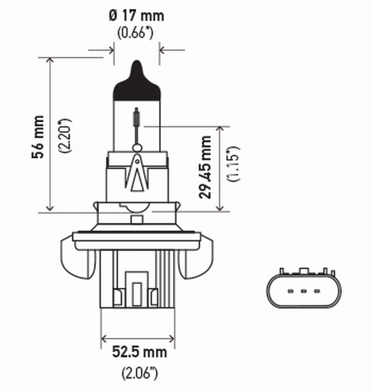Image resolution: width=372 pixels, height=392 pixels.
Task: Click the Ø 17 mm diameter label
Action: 137,16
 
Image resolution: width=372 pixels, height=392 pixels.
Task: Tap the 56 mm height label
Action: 38,137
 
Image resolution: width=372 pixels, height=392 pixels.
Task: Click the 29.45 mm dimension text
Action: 205,167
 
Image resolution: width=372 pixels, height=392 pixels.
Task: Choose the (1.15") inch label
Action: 234,163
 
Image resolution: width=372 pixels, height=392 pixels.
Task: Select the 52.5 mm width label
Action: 139,352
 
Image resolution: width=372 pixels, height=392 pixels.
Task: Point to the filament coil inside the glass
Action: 137,118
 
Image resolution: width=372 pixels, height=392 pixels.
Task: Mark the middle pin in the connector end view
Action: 303,292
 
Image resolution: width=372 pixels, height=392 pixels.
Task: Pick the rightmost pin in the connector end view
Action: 317,292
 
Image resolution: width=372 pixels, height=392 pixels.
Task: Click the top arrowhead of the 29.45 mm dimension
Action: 220,129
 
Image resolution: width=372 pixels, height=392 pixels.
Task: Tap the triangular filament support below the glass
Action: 137,174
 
